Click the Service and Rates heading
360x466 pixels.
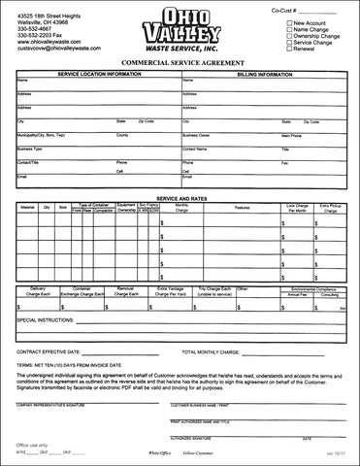click(x=180, y=197)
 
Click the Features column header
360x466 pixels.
click(x=243, y=207)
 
